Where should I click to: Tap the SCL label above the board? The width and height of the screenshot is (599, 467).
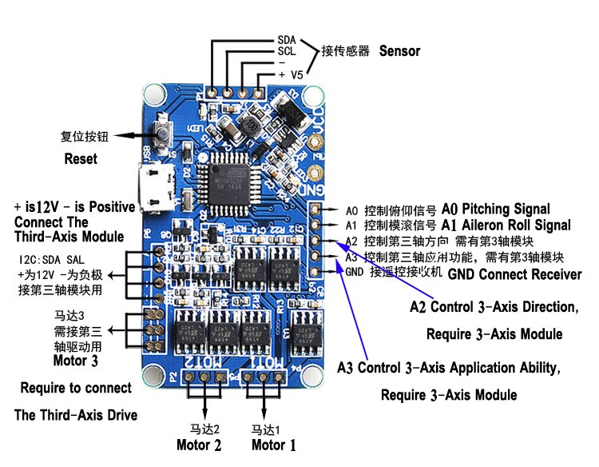[x=286, y=50]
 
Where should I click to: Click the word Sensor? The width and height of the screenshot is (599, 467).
[x=399, y=51]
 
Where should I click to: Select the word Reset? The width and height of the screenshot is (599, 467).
[x=81, y=159]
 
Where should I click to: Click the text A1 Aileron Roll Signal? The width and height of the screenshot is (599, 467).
[x=506, y=226]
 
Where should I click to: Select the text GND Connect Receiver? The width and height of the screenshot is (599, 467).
[x=514, y=274]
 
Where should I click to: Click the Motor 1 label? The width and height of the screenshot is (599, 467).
[x=273, y=445]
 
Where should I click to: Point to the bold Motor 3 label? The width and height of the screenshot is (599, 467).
[x=75, y=361]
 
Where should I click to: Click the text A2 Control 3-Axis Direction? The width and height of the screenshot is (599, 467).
[x=494, y=307]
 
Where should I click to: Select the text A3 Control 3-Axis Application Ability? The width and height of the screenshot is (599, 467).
[x=447, y=368]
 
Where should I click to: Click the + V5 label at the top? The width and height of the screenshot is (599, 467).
[x=290, y=74]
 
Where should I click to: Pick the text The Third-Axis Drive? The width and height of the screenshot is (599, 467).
[x=76, y=415]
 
